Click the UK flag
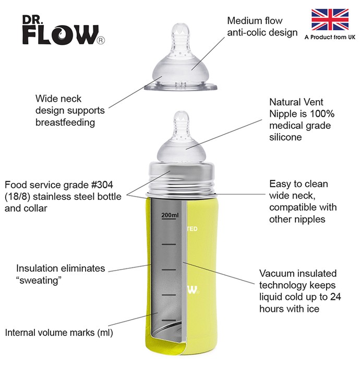pyautogui.click(x=330, y=20)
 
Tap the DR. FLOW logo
pyautogui.click(x=63, y=30)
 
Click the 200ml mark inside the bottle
pyautogui.click(x=170, y=215)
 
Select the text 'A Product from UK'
pyautogui.click(x=330, y=37)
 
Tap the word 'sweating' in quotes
pyautogui.click(x=39, y=281)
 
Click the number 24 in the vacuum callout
pyautogui.click(x=335, y=297)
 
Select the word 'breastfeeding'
pyautogui.click(x=65, y=123)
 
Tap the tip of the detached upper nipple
pyautogui.click(x=181, y=24)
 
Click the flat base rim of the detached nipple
pyautogui.click(x=181, y=87)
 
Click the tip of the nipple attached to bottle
pyautogui.click(x=182, y=112)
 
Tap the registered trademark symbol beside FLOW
pyautogui.click(x=101, y=41)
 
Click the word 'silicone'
pyautogui.click(x=285, y=137)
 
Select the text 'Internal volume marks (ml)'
pyautogui.click(x=59, y=333)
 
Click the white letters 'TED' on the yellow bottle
pyautogui.click(x=193, y=229)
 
